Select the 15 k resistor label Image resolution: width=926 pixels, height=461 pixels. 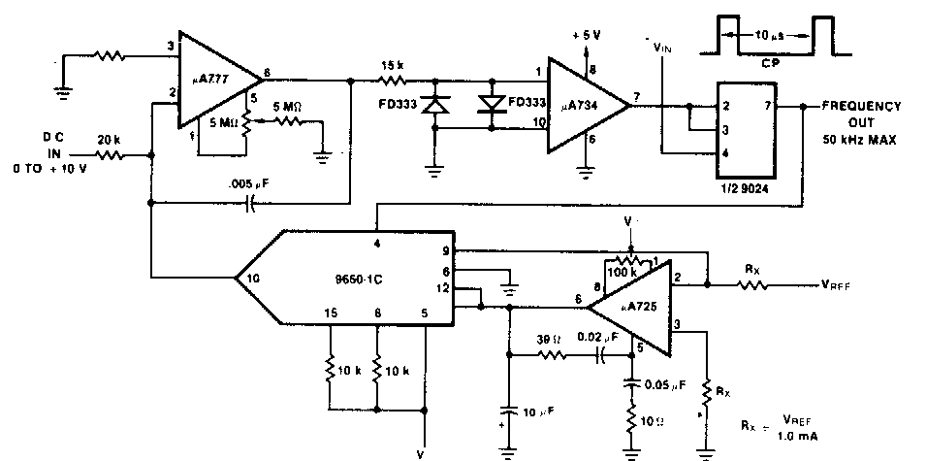coord(392,65)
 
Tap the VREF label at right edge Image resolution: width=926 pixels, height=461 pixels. coord(844,286)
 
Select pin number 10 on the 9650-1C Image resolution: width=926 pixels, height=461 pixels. coord(251,278)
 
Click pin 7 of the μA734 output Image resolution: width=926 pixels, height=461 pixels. coord(637,94)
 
